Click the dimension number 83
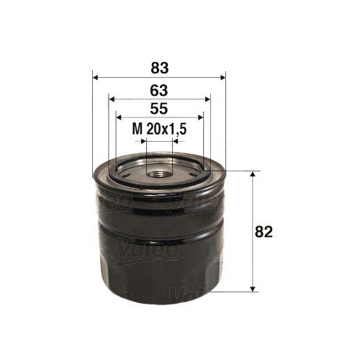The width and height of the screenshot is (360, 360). pyautogui.click(x=160, y=69)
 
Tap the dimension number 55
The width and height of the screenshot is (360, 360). pyautogui.click(x=159, y=110)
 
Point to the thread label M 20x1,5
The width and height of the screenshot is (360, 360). pyautogui.click(x=159, y=129)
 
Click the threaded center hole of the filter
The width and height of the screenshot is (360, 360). pyautogui.click(x=159, y=171)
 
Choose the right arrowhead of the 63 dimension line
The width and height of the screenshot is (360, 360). pyautogui.click(x=207, y=100)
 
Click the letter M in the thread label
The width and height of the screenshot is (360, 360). pyautogui.click(x=137, y=129)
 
